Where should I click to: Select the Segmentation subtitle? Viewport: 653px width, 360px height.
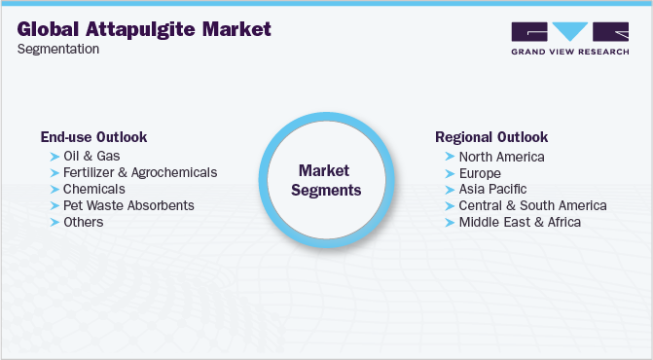[58, 49]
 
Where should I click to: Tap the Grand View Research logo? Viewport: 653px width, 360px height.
[569, 39]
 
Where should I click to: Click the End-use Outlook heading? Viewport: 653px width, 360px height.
[93, 137]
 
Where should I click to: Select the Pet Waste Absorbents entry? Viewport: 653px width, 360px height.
[128, 205]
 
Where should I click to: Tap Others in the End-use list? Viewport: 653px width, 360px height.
[83, 222]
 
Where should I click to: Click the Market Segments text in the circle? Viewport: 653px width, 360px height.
[329, 179]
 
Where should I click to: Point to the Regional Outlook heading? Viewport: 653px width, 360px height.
[491, 137]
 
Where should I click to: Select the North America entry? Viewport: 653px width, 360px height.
[501, 156]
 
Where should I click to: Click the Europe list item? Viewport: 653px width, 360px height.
[480, 172]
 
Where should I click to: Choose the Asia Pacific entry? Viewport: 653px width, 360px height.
[492, 189]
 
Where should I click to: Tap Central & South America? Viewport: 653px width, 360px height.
[532, 205]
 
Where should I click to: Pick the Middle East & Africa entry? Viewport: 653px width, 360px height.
[520, 222]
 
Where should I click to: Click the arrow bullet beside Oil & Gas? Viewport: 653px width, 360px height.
[54, 156]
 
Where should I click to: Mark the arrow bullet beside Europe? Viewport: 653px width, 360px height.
[450, 172]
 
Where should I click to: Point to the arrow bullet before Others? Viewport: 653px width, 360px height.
[54, 222]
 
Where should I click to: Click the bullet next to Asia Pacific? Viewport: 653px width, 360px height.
[450, 189]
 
